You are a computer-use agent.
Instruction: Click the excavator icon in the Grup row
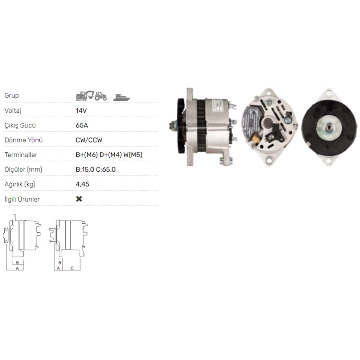[x=85, y=96]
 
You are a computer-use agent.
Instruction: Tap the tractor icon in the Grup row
[x=100, y=96]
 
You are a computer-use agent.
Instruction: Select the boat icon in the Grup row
[x=122, y=98]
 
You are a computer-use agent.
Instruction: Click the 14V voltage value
[x=81, y=111]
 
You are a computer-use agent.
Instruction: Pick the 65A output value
[x=82, y=125]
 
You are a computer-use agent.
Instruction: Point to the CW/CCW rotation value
[x=89, y=140]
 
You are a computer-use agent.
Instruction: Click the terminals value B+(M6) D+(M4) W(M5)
[x=109, y=155]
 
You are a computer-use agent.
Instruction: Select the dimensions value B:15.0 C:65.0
[x=95, y=170]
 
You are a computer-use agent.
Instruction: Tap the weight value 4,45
[x=82, y=184]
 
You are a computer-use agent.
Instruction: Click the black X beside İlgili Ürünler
[x=79, y=199]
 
